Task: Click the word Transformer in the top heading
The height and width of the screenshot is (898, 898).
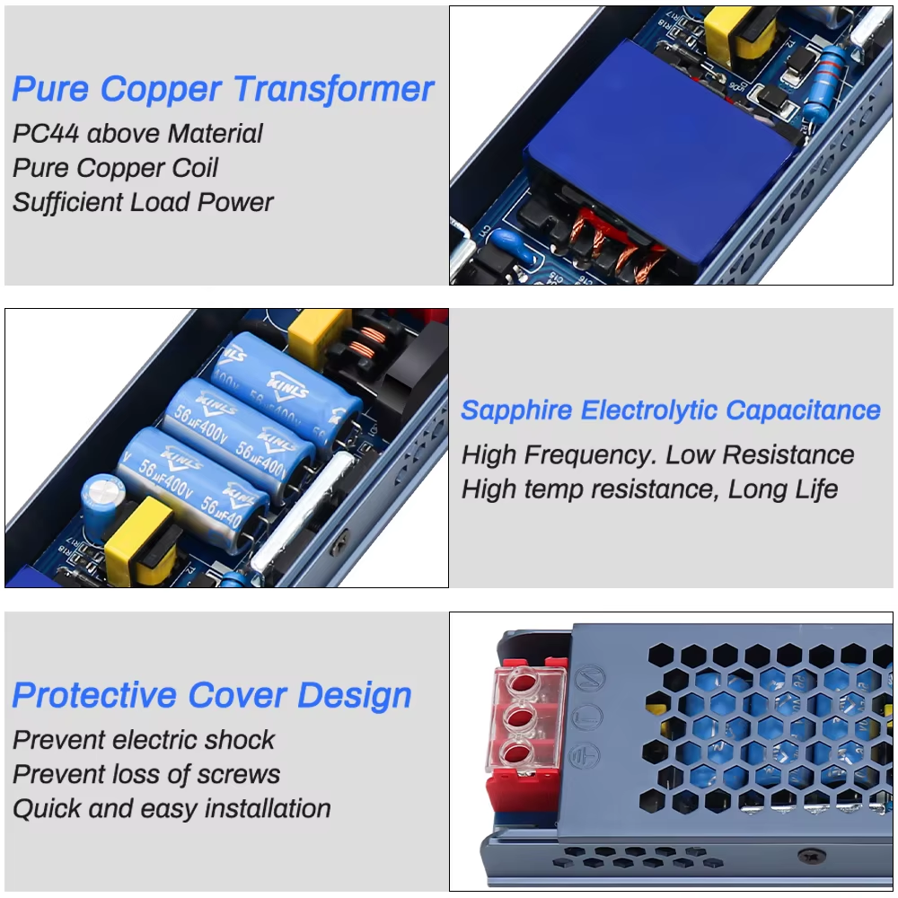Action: [333, 90]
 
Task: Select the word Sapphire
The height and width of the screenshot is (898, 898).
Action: [516, 410]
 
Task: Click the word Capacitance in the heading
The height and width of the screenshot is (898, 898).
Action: [803, 410]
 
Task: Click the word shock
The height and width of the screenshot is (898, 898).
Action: [240, 740]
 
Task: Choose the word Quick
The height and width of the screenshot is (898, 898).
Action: [48, 808]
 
